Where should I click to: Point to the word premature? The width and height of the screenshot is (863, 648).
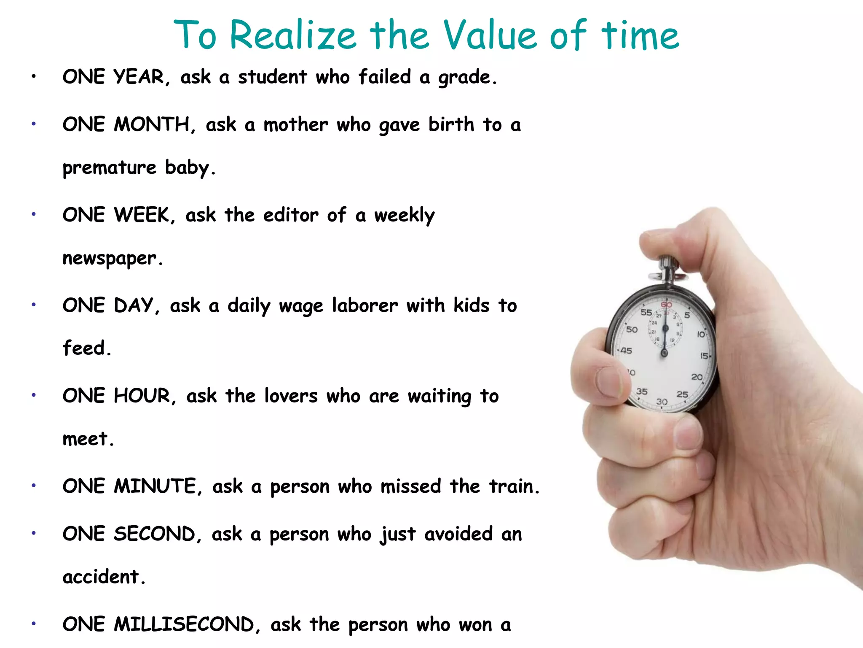(x=109, y=168)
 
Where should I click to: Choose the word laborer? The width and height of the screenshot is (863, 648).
(x=365, y=305)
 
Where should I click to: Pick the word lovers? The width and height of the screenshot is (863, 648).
(x=291, y=396)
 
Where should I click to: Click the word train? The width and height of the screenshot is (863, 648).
(x=513, y=486)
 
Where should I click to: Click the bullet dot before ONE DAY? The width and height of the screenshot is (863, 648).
(x=34, y=305)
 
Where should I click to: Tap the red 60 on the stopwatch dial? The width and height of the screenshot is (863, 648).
(x=666, y=305)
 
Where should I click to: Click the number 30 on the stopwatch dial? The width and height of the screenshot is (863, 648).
(x=662, y=402)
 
